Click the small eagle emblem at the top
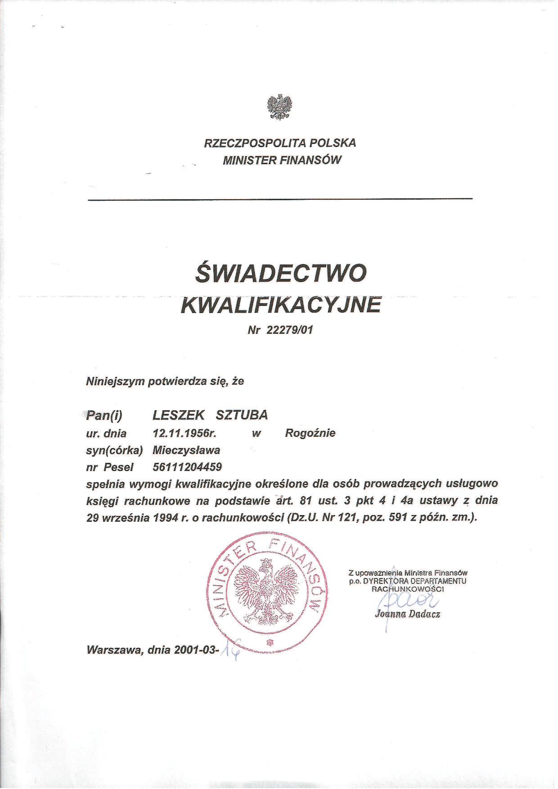[x=279, y=107]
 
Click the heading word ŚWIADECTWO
[x=280, y=273]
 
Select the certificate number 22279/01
[x=289, y=330]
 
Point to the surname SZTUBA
[x=242, y=415]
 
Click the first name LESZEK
[x=179, y=415]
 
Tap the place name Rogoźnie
[x=310, y=434]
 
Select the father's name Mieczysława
[x=186, y=450]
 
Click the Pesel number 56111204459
[x=187, y=466]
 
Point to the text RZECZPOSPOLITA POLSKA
[x=280, y=143]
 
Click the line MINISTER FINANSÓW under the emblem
[x=282, y=160]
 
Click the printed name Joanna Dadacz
[x=407, y=614]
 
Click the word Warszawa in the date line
[x=115, y=650]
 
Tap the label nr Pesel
[x=109, y=467]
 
